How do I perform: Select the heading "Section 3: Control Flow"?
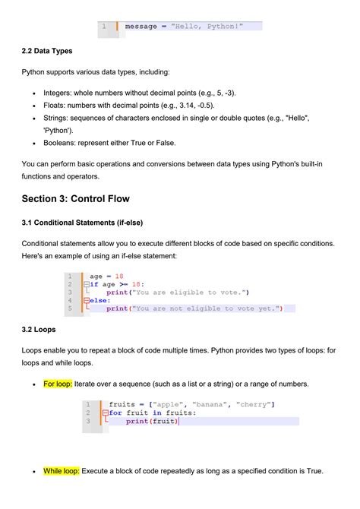tap(76, 198)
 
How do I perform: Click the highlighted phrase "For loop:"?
tap(58, 384)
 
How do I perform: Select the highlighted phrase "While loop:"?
tap(62, 471)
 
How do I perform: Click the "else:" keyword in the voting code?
tap(99, 300)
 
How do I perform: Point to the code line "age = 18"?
tap(106, 277)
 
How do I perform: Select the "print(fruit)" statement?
tap(151, 421)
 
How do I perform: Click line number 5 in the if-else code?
tap(69, 308)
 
